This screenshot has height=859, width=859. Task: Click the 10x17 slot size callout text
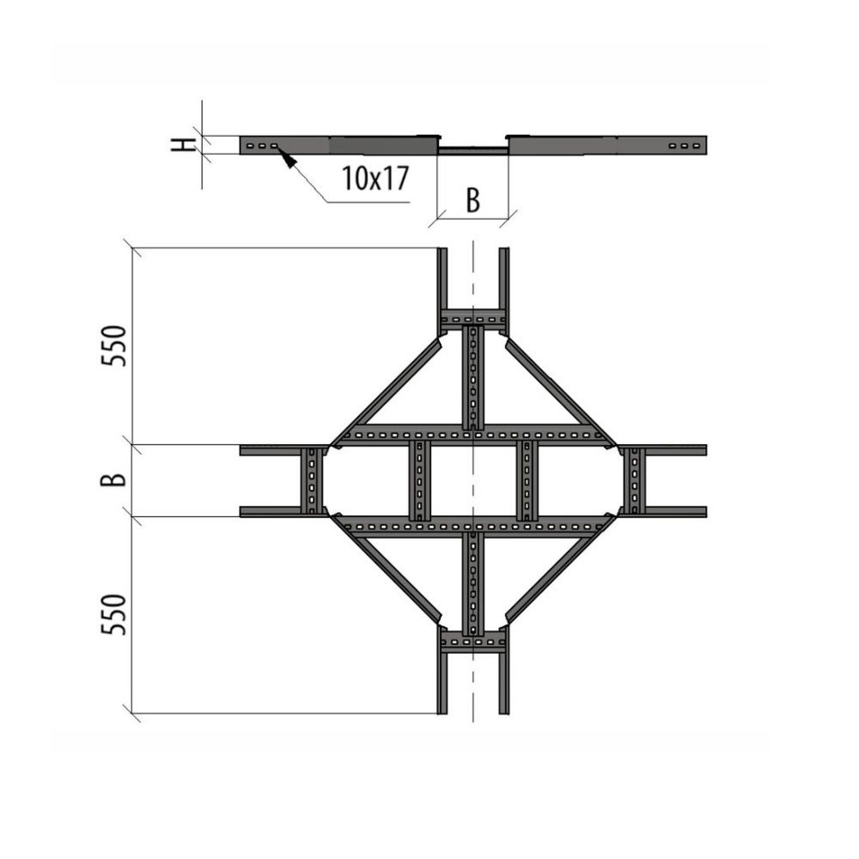[375, 178]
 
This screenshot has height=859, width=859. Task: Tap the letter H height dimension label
[182, 144]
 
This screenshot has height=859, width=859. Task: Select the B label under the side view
[472, 200]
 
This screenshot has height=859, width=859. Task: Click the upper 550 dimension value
[114, 345]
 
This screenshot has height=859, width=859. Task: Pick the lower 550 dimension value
[114, 615]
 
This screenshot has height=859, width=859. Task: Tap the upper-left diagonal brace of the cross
[387, 390]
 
